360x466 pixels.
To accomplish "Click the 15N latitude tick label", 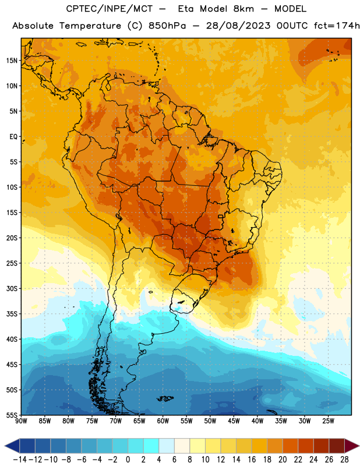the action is [x=12, y=61].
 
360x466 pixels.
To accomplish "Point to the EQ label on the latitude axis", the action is [x=13, y=137].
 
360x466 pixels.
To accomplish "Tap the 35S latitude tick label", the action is [x=12, y=314].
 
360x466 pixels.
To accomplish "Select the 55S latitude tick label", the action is [x=12, y=415].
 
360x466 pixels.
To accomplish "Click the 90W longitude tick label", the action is [x=21, y=421].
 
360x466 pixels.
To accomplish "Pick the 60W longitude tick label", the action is [x=163, y=421].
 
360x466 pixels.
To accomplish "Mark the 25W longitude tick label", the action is [x=328, y=421].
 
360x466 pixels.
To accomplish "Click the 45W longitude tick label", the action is [x=234, y=421].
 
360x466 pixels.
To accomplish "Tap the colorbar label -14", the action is [x=20, y=460].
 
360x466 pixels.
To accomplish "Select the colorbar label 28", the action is [x=344, y=460].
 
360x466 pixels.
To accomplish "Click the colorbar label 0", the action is [x=128, y=460].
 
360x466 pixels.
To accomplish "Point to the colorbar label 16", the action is [x=252, y=460].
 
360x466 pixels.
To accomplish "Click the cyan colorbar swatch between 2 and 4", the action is [x=151, y=446].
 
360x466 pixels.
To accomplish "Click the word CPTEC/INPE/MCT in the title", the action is [x=110, y=9].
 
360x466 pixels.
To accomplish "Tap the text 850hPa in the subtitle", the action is [x=167, y=26].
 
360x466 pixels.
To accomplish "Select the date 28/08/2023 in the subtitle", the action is [x=238, y=26].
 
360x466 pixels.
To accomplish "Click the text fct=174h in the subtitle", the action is [x=337, y=26].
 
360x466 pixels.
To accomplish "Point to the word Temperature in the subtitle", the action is [x=90, y=26].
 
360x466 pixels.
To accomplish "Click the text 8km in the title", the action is [x=243, y=9].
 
